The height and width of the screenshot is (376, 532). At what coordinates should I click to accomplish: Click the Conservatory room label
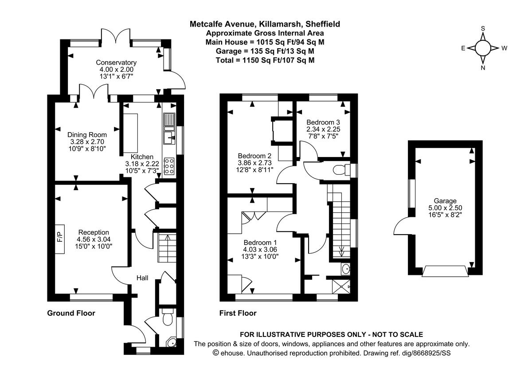pyautogui.click(x=116, y=63)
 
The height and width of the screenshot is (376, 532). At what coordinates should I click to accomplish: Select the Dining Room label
pyautogui.click(x=87, y=135)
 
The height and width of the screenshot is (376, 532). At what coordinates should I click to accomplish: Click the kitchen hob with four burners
pyautogui.click(x=169, y=166)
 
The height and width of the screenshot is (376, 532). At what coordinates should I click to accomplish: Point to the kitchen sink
pyautogui.click(x=168, y=137)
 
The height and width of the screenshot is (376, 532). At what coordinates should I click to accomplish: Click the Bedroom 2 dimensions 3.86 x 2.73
pyautogui.click(x=254, y=163)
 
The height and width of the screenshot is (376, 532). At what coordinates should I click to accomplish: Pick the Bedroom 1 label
pyautogui.click(x=260, y=243)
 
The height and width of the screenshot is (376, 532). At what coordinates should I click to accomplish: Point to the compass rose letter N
pyautogui.click(x=483, y=68)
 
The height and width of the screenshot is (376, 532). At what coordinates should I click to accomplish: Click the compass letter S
pyautogui.click(x=483, y=28)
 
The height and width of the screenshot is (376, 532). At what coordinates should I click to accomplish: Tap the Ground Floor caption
pyautogui.click(x=71, y=313)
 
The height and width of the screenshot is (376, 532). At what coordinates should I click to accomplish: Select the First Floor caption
pyautogui.click(x=238, y=313)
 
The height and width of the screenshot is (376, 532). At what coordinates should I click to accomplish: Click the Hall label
pyautogui.click(x=142, y=278)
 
